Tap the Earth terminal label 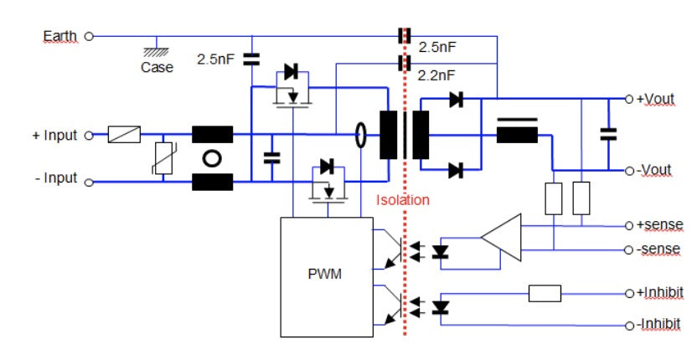point(59,36)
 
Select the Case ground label point(157,67)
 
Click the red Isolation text point(403,200)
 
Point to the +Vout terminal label point(655,99)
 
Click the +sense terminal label point(658,226)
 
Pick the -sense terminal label point(657,249)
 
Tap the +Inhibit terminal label point(659,292)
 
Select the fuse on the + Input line point(124,135)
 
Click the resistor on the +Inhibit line point(545,293)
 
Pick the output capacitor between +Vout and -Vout point(608,133)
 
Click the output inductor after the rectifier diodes point(517,131)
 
